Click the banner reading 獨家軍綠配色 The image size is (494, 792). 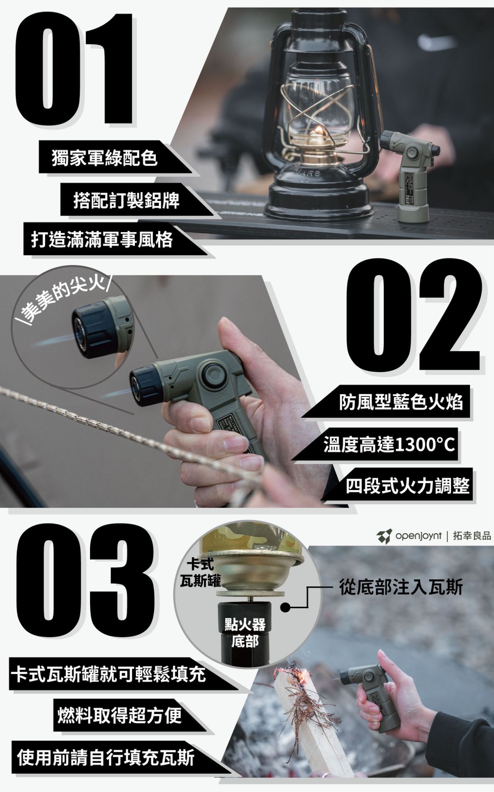pos(104,158)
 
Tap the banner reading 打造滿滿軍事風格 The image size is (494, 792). pos(102,239)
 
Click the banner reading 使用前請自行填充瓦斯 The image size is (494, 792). pos(106,757)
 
